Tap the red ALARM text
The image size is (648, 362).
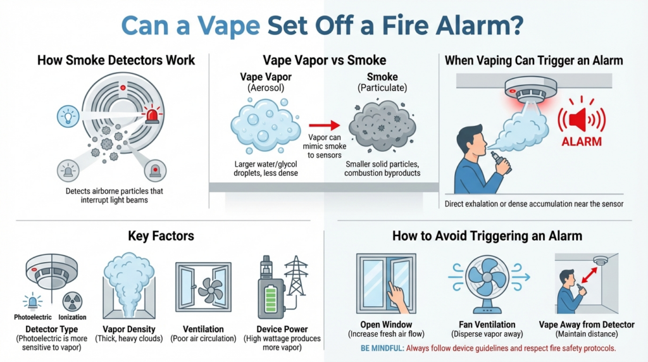point(581,142)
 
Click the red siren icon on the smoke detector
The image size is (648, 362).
point(153,115)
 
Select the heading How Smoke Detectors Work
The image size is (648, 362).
point(116,61)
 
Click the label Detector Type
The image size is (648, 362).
point(52,329)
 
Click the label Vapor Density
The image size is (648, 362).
point(128,329)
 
